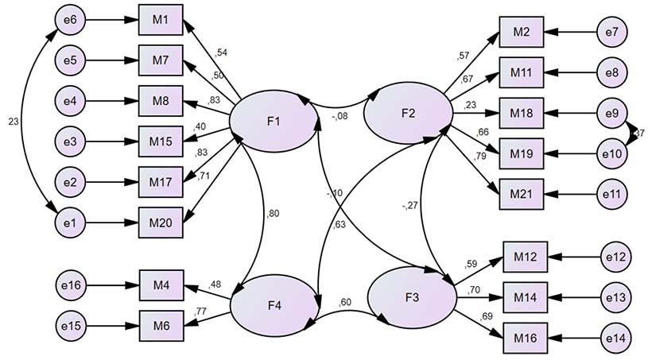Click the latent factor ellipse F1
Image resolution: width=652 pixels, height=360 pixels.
tap(273, 122)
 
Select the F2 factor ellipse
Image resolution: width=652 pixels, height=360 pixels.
tap(407, 111)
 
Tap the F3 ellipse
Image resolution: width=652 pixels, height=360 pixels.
tap(411, 296)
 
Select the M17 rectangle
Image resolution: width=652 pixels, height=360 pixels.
tap(161, 181)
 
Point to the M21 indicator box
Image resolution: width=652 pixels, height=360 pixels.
tap(522, 192)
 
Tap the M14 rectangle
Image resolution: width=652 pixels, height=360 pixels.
tap(526, 297)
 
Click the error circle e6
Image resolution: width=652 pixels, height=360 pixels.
tap(69, 19)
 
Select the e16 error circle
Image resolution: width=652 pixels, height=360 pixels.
tap(69, 282)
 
